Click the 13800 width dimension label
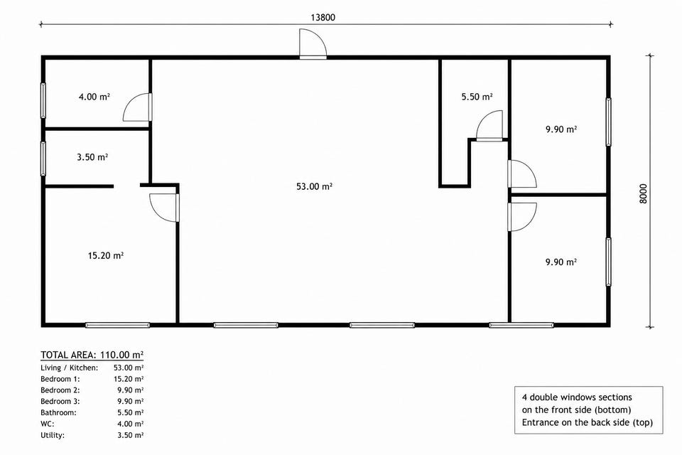click(323, 17)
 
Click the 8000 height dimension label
click(644, 193)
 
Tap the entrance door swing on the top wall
click(313, 43)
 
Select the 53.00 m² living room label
click(315, 186)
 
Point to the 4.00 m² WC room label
click(94, 97)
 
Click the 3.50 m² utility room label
click(92, 156)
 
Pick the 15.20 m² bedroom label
click(106, 255)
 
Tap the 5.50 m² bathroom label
click(477, 97)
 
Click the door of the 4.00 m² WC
click(137, 107)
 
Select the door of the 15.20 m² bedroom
click(164, 208)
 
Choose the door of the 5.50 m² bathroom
click(489, 125)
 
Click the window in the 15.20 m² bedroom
click(117, 325)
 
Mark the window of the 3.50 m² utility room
click(43, 159)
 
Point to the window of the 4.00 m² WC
click(43, 100)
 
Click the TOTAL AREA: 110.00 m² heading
click(92, 355)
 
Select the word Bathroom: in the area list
click(58, 412)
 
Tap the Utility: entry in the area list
click(52, 435)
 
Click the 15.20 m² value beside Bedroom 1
click(129, 379)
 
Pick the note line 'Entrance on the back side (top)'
click(588, 422)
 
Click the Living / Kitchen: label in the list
click(69, 368)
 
